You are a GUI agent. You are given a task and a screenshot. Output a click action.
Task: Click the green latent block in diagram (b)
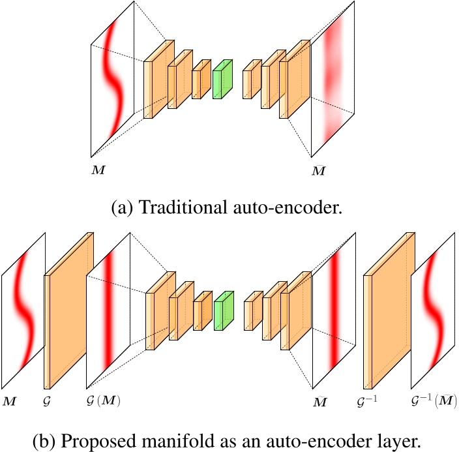point(223,312)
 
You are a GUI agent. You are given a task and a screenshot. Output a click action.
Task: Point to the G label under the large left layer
point(47,397)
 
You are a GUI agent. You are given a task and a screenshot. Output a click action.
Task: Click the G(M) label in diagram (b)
point(104,398)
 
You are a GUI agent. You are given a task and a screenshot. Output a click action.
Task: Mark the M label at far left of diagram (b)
point(10,398)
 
